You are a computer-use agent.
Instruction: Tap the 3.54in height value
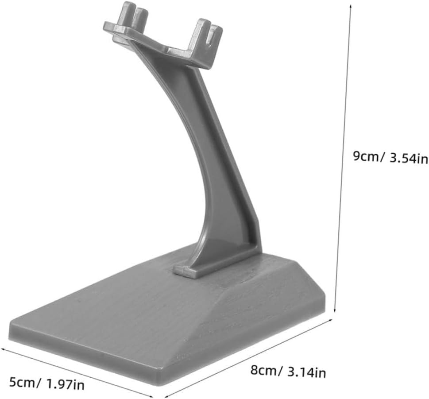pyautogui.click(x=408, y=159)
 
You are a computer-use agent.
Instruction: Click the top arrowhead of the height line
pyautogui.click(x=351, y=6)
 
